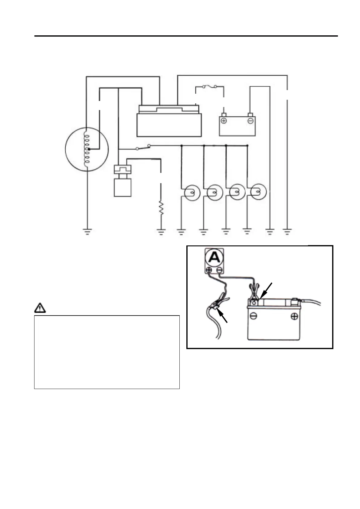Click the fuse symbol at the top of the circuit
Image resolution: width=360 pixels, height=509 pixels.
(x=210, y=87)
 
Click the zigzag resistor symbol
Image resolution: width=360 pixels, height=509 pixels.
(x=161, y=208)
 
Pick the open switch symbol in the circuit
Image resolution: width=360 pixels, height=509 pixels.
(x=143, y=148)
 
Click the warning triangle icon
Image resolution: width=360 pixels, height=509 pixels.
(x=40, y=308)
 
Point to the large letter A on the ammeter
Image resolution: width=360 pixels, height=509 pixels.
(x=214, y=258)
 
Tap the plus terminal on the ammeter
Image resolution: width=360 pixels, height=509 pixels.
(x=209, y=270)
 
